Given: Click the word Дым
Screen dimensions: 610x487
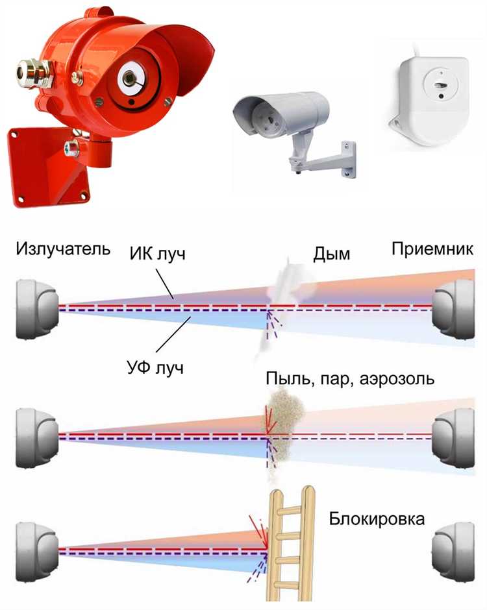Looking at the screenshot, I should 331,253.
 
